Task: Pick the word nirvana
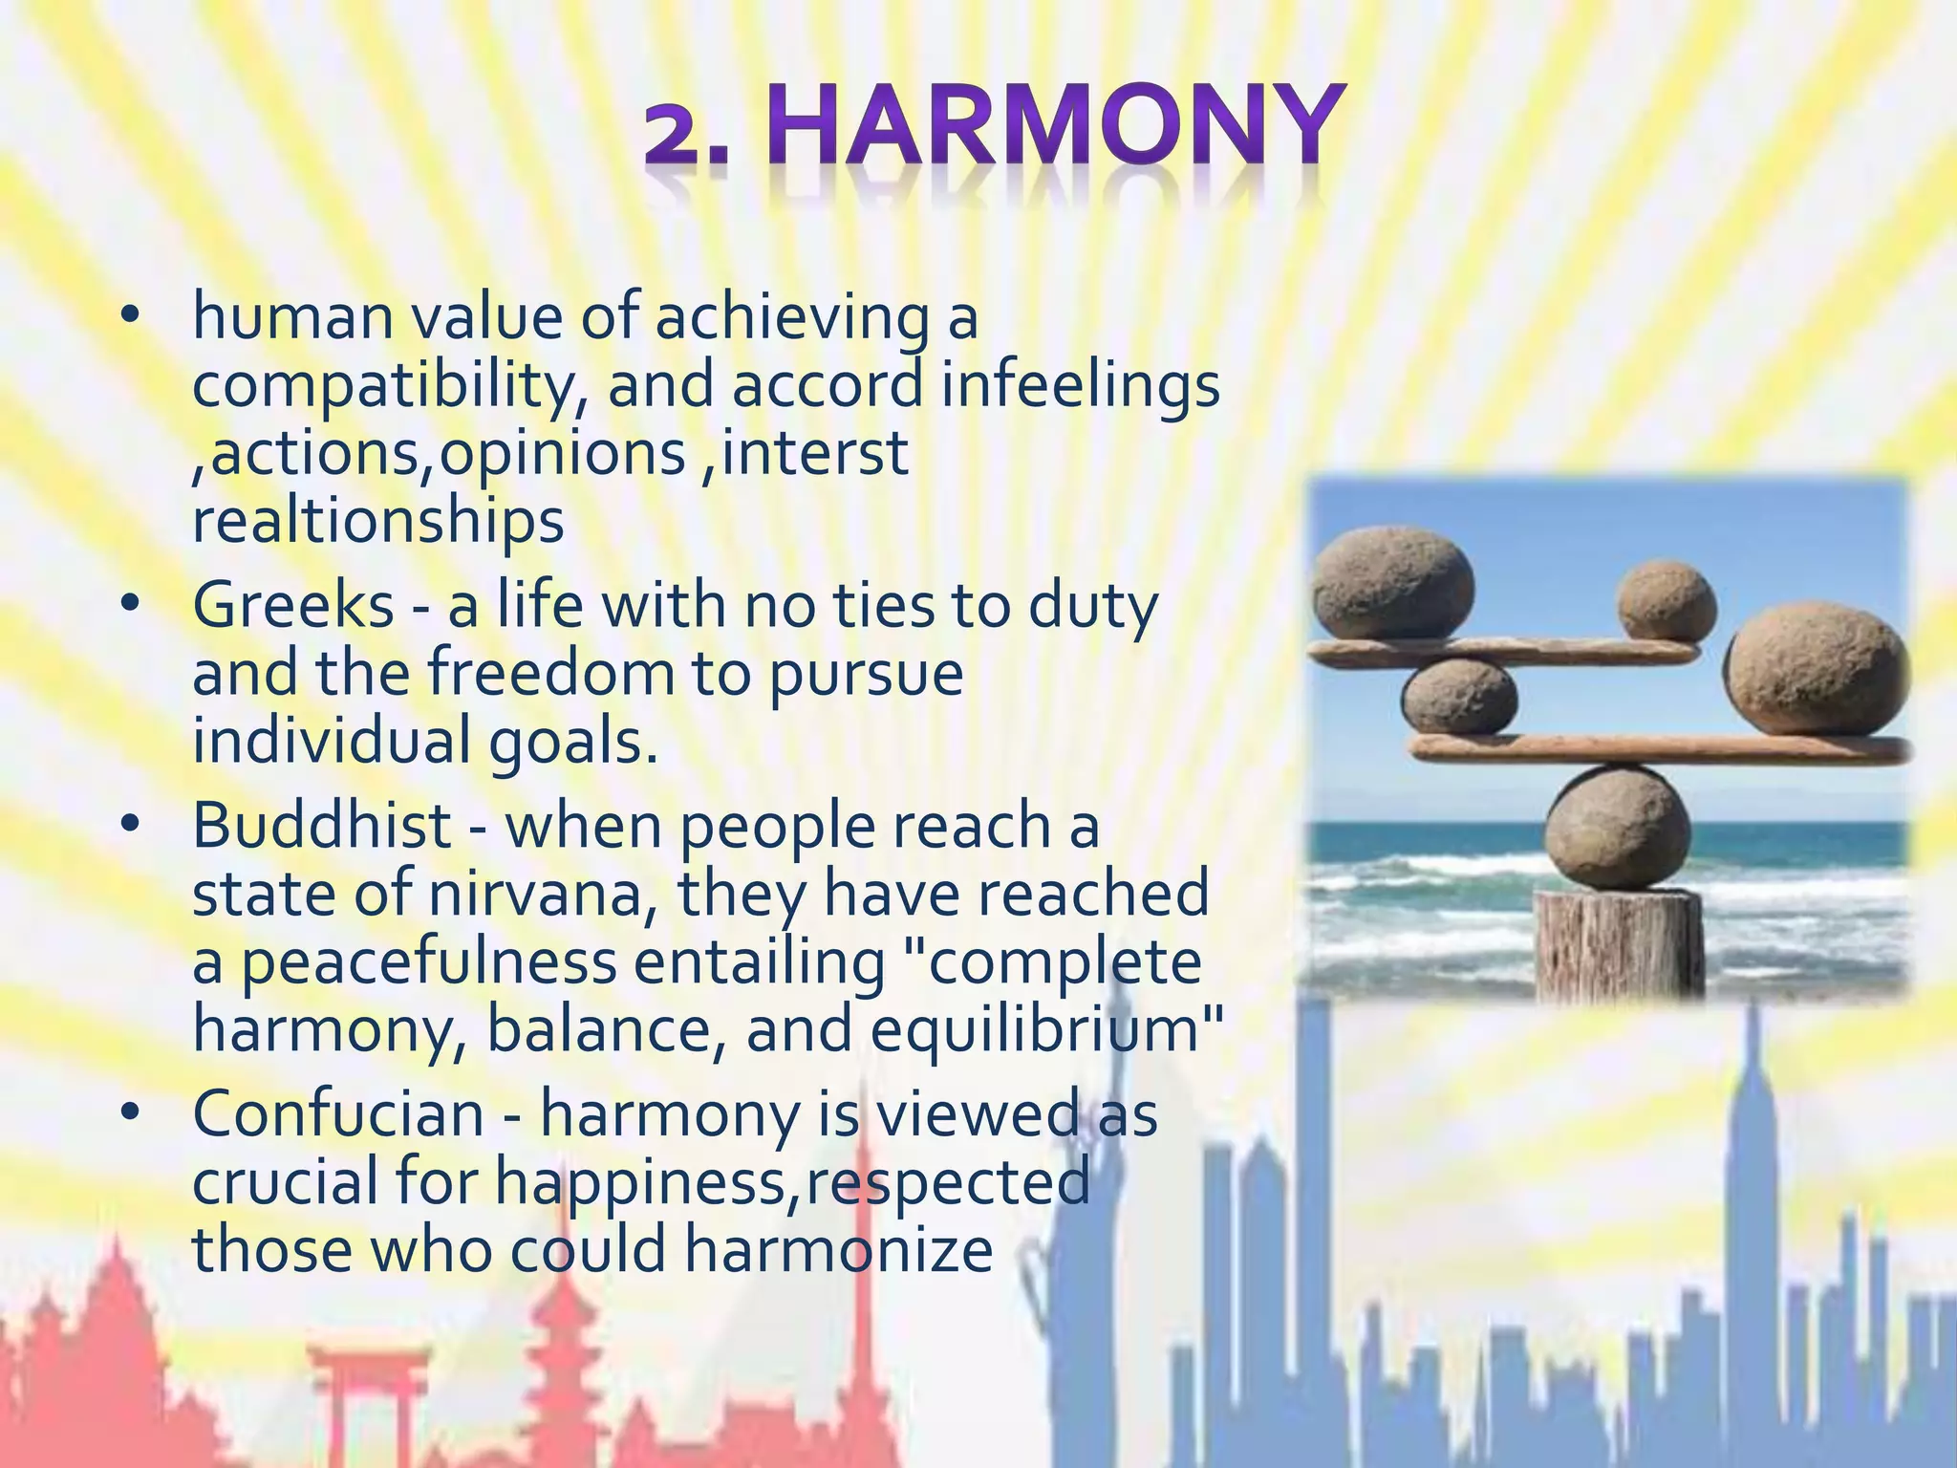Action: click(x=541, y=895)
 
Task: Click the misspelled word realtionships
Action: click(x=378, y=522)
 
